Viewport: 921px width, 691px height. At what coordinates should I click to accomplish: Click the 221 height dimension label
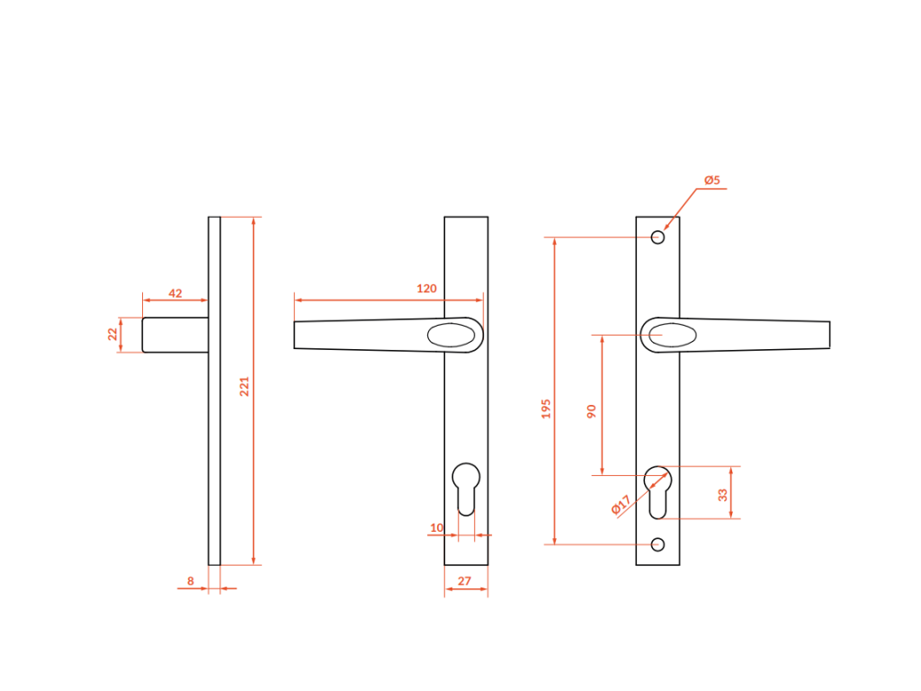[245, 386]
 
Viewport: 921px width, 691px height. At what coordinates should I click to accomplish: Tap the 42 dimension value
[175, 293]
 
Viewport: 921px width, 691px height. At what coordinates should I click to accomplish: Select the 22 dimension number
[112, 334]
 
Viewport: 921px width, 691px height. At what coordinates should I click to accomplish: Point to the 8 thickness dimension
[191, 580]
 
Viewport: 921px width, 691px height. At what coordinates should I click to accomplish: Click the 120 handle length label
[426, 289]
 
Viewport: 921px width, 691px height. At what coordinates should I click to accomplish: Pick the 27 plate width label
[464, 580]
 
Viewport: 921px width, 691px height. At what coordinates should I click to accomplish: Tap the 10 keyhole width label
[436, 527]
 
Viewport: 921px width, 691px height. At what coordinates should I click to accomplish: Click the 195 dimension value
[546, 409]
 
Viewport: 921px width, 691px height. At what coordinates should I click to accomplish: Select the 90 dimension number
[592, 410]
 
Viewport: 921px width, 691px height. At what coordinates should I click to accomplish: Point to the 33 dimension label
[722, 495]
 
